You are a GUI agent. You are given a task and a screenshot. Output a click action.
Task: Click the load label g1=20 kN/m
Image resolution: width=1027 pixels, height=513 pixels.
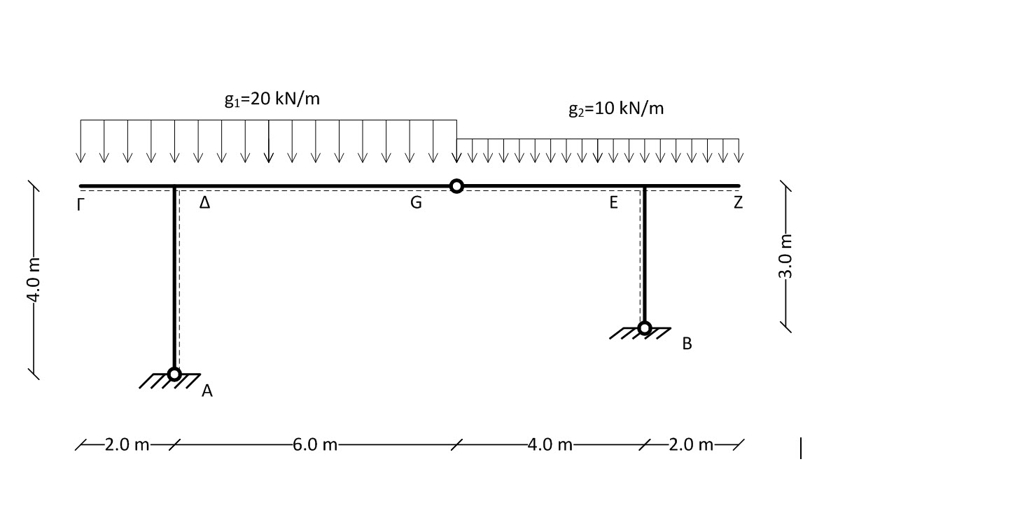click(x=272, y=99)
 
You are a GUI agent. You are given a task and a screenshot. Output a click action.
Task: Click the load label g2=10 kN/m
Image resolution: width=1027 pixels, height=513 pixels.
click(x=616, y=108)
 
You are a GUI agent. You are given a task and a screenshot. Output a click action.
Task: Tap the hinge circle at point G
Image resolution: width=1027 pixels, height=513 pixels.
click(x=456, y=186)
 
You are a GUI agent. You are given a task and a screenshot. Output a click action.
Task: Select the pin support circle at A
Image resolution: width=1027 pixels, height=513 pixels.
click(x=174, y=374)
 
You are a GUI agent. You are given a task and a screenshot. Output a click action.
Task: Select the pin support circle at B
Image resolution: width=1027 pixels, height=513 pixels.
click(x=645, y=328)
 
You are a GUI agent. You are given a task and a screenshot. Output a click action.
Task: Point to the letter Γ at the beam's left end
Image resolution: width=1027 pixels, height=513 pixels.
click(x=81, y=204)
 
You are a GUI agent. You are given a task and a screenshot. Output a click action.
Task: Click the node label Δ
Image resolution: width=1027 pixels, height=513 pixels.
click(x=205, y=202)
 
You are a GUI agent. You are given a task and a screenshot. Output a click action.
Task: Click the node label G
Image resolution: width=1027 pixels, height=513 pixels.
click(x=416, y=202)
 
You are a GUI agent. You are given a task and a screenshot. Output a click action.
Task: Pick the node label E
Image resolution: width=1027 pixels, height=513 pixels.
click(x=613, y=202)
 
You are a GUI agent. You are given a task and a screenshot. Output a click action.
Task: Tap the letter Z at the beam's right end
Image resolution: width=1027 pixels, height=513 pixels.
click(x=738, y=202)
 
